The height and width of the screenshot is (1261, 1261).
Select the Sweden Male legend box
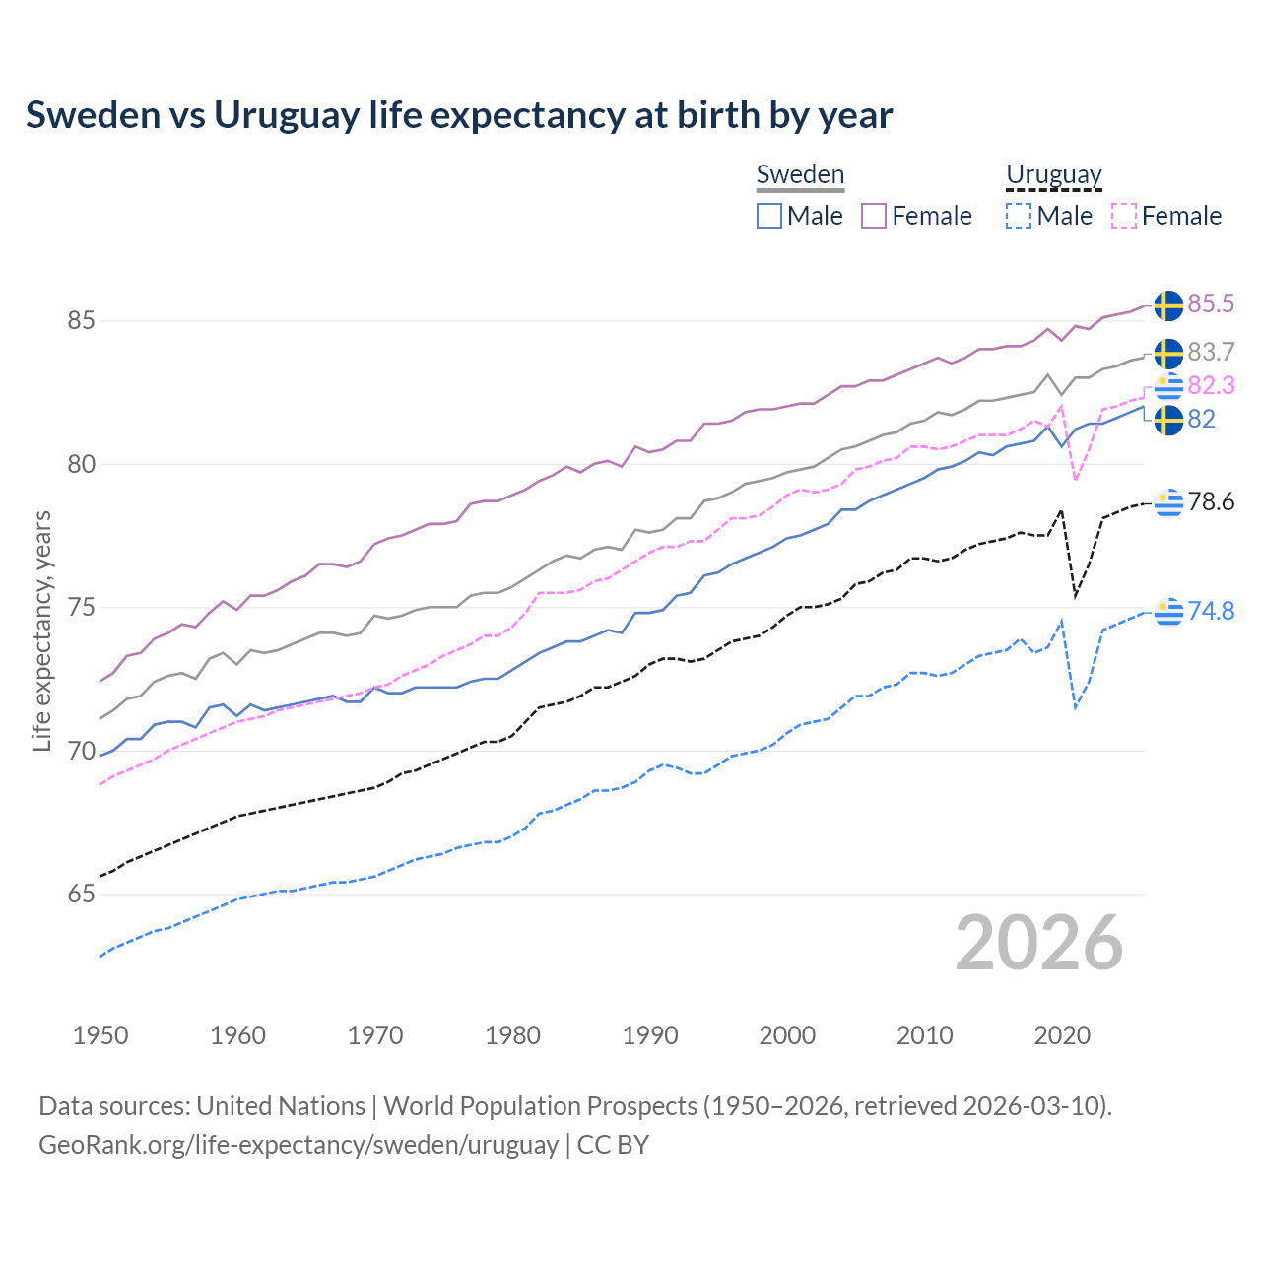point(769,216)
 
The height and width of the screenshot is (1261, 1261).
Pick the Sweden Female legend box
point(874,216)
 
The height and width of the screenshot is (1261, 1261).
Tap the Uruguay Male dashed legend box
point(1019,216)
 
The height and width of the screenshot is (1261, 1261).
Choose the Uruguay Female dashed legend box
point(1123,216)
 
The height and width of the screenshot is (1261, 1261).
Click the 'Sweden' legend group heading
point(800,174)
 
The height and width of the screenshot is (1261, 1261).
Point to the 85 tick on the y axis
point(81,321)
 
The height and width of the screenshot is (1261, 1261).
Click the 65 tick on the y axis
point(81,895)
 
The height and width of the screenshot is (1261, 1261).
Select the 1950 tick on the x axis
point(100,1035)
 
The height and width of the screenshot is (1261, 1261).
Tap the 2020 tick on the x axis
point(1062,1035)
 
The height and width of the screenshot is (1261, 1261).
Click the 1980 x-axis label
point(512,1035)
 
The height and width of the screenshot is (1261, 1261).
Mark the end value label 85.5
point(1211,304)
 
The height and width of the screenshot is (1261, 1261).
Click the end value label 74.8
point(1211,612)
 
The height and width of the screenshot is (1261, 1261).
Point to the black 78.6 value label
point(1211,502)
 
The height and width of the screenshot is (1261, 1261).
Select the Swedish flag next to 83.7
point(1168,353)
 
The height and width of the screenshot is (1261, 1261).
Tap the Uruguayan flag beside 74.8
point(1168,612)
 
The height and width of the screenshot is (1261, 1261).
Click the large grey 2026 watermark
point(1039,943)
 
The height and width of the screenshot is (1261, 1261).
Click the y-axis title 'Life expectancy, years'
point(41,630)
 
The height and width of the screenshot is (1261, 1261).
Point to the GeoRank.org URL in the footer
point(299,1145)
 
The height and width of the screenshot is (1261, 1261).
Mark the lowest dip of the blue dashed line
point(1076,707)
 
